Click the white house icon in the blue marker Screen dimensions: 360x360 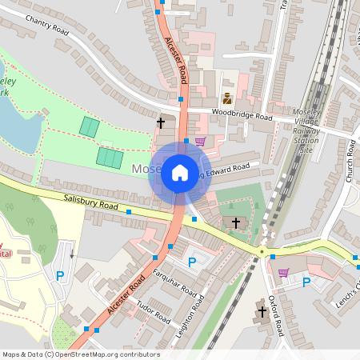coord(179,173)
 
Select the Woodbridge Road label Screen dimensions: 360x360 coord(242,117)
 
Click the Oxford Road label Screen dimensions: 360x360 coord(277,316)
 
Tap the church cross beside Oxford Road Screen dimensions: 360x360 coord(262,310)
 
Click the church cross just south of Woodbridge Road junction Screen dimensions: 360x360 coord(161,122)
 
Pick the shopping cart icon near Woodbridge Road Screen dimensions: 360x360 coord(200,142)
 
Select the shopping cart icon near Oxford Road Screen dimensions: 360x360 coord(283,272)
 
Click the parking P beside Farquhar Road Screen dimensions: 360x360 coord(191,262)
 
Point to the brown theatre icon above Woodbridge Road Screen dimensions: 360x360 coord(227,98)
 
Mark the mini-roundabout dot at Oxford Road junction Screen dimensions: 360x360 coord(262,251)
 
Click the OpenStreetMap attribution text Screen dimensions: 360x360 coord(80,354)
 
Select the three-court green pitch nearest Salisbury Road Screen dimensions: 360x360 coord(110,158)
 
